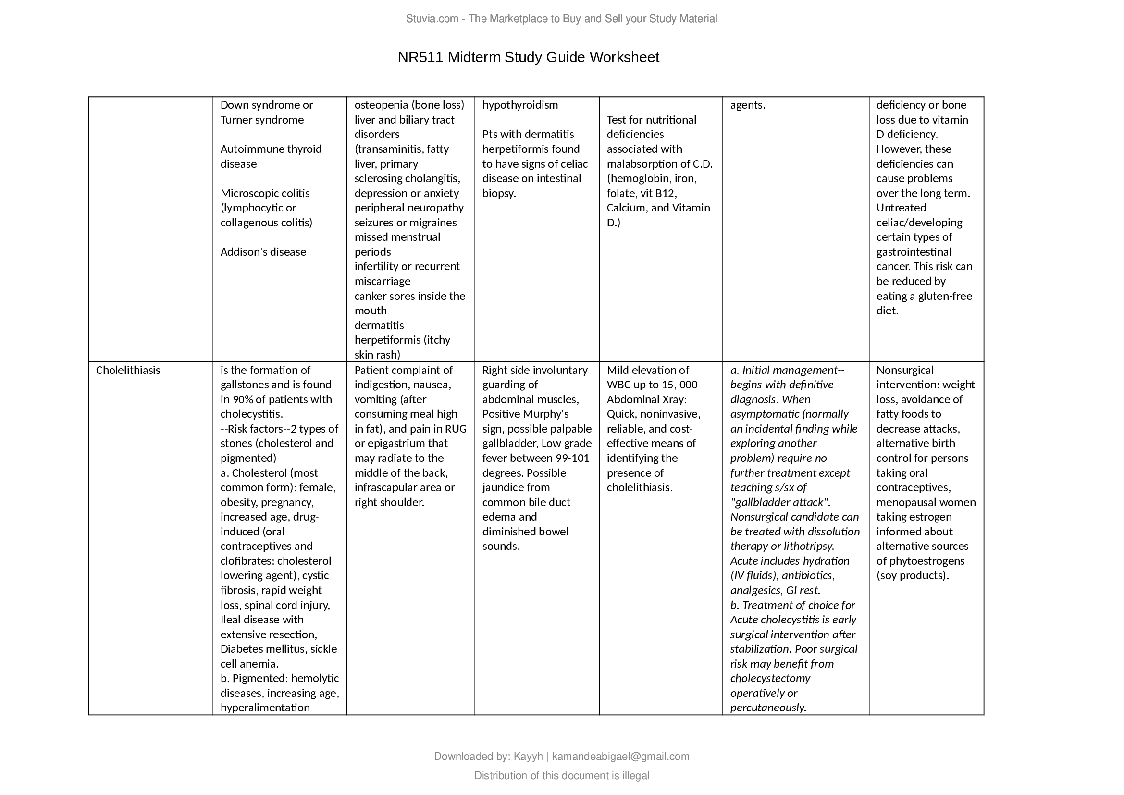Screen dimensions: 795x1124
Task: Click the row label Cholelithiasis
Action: pyautogui.click(x=128, y=370)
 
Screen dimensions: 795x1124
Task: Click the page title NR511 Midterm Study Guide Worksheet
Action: pyautogui.click(x=528, y=57)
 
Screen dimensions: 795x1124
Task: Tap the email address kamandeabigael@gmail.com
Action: pyautogui.click(x=620, y=757)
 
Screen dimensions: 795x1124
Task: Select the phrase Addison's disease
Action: pyautogui.click(x=263, y=252)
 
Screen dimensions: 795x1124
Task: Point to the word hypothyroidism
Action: pyautogui.click(x=520, y=105)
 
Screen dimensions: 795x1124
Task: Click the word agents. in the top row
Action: pyautogui.click(x=748, y=105)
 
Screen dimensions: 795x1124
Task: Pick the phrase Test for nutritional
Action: pyautogui.click(x=651, y=120)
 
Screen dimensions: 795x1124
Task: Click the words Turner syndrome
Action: pyautogui.click(x=262, y=120)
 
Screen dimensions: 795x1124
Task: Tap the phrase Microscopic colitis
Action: pyautogui.click(x=265, y=193)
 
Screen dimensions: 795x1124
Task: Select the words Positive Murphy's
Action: pyautogui.click(x=525, y=414)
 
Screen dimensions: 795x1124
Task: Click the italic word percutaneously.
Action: pyautogui.click(x=767, y=708)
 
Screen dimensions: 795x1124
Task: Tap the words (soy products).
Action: pyautogui.click(x=913, y=575)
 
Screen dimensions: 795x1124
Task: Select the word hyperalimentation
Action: pyautogui.click(x=265, y=708)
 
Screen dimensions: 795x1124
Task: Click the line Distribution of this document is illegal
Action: pyautogui.click(x=561, y=776)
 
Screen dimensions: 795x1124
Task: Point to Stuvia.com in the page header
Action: pyautogui.click(x=432, y=19)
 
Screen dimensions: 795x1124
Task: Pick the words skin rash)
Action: pyautogui.click(x=377, y=355)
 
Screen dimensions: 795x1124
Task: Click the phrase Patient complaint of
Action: pyautogui.click(x=403, y=370)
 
